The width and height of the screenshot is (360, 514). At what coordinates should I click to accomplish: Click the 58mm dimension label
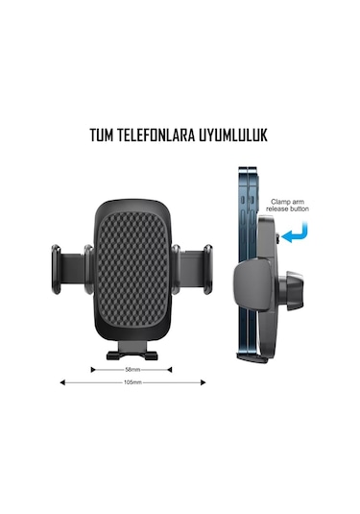point(132,368)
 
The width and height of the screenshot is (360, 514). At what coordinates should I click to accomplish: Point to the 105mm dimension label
point(132,382)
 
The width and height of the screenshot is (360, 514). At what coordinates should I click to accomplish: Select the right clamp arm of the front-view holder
point(195,264)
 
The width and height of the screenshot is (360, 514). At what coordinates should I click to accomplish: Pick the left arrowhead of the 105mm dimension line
point(62,381)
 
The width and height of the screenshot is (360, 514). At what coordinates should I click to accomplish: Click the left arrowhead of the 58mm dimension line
point(93,368)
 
